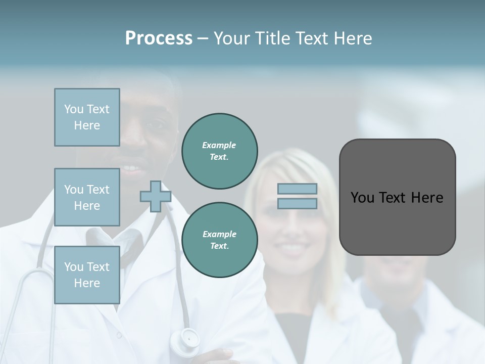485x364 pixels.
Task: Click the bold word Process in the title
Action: point(159,38)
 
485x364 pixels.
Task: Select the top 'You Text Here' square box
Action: point(87,117)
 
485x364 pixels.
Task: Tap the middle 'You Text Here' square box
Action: point(87,197)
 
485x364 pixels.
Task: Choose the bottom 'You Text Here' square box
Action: point(87,275)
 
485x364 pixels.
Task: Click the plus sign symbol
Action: point(156,196)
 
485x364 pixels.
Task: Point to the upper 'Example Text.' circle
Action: point(219,151)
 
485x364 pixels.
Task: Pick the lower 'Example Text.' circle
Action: point(219,240)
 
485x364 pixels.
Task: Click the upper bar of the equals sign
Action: point(298,189)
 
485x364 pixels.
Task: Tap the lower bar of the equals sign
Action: point(298,203)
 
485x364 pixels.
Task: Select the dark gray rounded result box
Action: point(397,197)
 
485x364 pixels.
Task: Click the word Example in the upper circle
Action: point(219,146)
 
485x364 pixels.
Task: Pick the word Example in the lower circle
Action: point(219,234)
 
